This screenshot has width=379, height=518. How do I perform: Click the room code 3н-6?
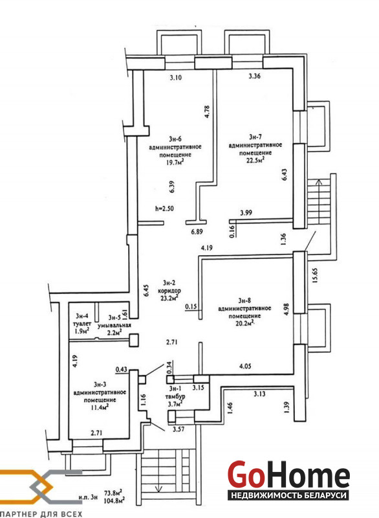[175, 139]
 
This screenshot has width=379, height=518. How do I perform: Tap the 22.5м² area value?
[255, 161]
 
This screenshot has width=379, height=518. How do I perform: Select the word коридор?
[169, 291]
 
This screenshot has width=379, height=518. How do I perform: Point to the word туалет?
[81, 324]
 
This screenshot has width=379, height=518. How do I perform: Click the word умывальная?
[114, 325]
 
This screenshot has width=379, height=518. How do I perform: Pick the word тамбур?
[176, 396]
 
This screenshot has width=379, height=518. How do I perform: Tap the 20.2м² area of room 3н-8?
[244, 323]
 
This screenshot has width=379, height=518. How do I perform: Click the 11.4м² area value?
[100, 407]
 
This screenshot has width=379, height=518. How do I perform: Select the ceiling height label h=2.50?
[164, 208]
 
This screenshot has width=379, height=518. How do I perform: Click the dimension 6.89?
[197, 232]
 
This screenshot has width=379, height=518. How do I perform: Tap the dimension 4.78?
[207, 111]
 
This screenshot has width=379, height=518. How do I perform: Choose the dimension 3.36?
[254, 76]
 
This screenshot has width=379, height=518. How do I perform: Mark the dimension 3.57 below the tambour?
[179, 429]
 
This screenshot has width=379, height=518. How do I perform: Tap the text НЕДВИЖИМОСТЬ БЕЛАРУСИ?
[288, 495]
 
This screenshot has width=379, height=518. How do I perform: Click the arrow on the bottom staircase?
[160, 488]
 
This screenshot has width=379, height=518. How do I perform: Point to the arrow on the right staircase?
[319, 183]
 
